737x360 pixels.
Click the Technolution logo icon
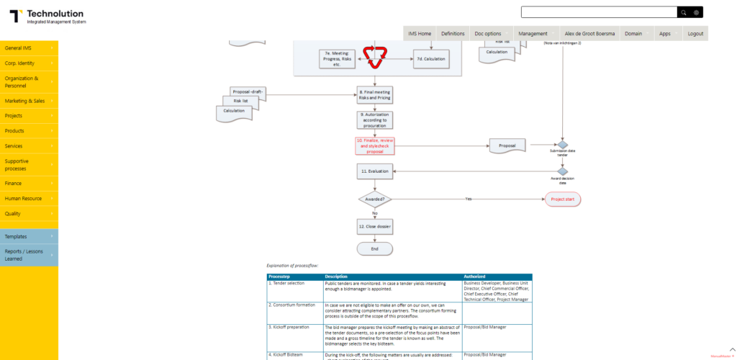point(16,15)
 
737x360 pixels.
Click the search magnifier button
point(683,12)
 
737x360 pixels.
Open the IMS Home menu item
point(420,34)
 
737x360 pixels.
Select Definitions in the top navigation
point(453,34)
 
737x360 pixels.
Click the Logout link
point(695,34)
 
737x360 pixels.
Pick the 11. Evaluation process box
point(374,171)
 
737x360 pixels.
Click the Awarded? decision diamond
point(374,199)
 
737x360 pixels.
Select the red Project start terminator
point(562,199)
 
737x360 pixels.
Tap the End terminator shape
point(374,248)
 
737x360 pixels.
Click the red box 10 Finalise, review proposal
point(374,145)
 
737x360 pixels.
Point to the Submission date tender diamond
point(563,145)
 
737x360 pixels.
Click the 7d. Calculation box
point(435,58)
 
